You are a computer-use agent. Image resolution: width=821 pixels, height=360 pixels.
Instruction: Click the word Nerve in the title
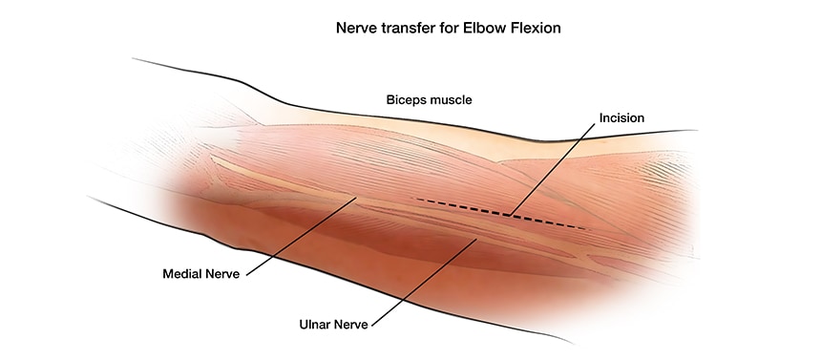(355, 28)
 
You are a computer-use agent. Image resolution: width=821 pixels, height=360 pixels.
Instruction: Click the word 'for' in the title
(449, 28)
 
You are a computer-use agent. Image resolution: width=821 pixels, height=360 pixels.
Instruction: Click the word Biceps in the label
(406, 99)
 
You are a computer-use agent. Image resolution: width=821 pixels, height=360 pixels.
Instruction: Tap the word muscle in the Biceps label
(452, 99)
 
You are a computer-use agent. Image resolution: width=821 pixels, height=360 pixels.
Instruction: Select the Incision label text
(621, 117)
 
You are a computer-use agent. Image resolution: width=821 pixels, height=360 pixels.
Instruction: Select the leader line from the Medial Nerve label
(301, 236)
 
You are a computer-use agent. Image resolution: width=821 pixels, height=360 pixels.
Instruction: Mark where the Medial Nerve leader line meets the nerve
(356, 199)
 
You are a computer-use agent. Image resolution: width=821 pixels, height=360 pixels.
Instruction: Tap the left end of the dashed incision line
(416, 200)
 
